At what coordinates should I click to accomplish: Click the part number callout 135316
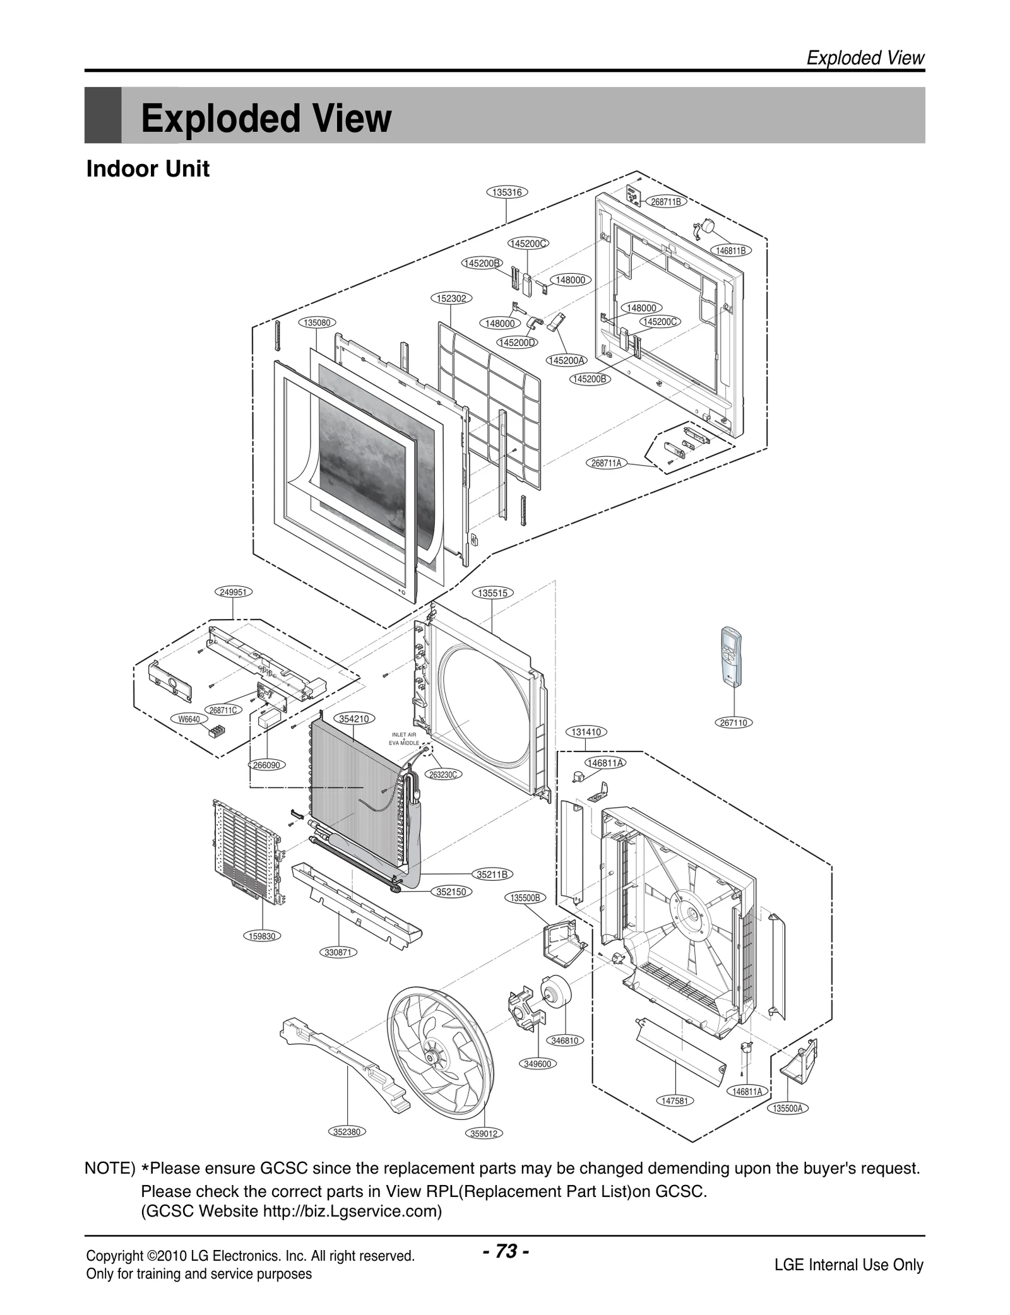(x=506, y=192)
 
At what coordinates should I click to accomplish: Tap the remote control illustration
(x=732, y=657)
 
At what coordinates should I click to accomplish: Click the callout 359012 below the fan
(x=484, y=1133)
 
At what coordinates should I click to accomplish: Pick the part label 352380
(x=347, y=1131)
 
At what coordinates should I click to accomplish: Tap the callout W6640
(x=189, y=719)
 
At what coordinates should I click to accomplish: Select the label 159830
(x=261, y=936)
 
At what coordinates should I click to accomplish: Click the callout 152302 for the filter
(x=451, y=298)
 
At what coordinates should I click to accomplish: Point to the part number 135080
(x=316, y=322)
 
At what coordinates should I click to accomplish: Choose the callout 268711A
(x=606, y=463)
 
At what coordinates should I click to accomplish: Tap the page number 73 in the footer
(x=506, y=1250)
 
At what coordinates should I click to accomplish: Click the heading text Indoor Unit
(x=148, y=169)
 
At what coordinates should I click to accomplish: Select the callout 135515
(x=492, y=593)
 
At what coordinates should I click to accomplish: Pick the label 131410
(x=586, y=732)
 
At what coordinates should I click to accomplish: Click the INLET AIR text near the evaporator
(x=404, y=734)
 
